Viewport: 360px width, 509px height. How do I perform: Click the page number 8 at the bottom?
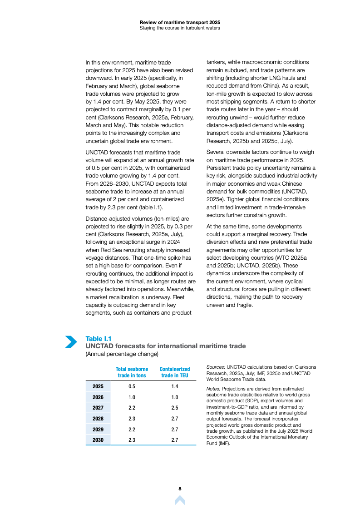(180, 489)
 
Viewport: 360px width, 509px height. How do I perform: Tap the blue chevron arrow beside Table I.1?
(71, 342)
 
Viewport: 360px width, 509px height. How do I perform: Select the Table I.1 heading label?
(99, 339)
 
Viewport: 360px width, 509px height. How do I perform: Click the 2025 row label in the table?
(98, 386)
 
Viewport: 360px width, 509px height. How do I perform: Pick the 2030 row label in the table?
(98, 440)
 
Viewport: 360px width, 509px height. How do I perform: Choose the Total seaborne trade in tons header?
(132, 372)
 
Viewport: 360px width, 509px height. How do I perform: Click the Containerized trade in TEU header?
(175, 372)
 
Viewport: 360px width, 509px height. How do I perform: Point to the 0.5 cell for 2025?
(132, 386)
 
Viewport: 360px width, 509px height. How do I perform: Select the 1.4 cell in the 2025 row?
(175, 386)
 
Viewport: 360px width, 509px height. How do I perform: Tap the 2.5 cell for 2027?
(175, 408)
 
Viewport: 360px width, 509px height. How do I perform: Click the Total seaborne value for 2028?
(132, 419)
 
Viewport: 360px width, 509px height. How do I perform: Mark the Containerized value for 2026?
(175, 397)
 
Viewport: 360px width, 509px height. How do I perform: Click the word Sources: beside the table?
(216, 367)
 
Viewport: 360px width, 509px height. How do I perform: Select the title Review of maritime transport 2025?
(180, 22)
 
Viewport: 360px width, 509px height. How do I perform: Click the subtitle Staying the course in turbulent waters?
(180, 28)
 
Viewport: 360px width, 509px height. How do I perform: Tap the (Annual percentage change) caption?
(122, 354)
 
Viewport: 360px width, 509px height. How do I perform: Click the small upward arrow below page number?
(180, 500)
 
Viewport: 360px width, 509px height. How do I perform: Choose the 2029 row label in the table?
(98, 429)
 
